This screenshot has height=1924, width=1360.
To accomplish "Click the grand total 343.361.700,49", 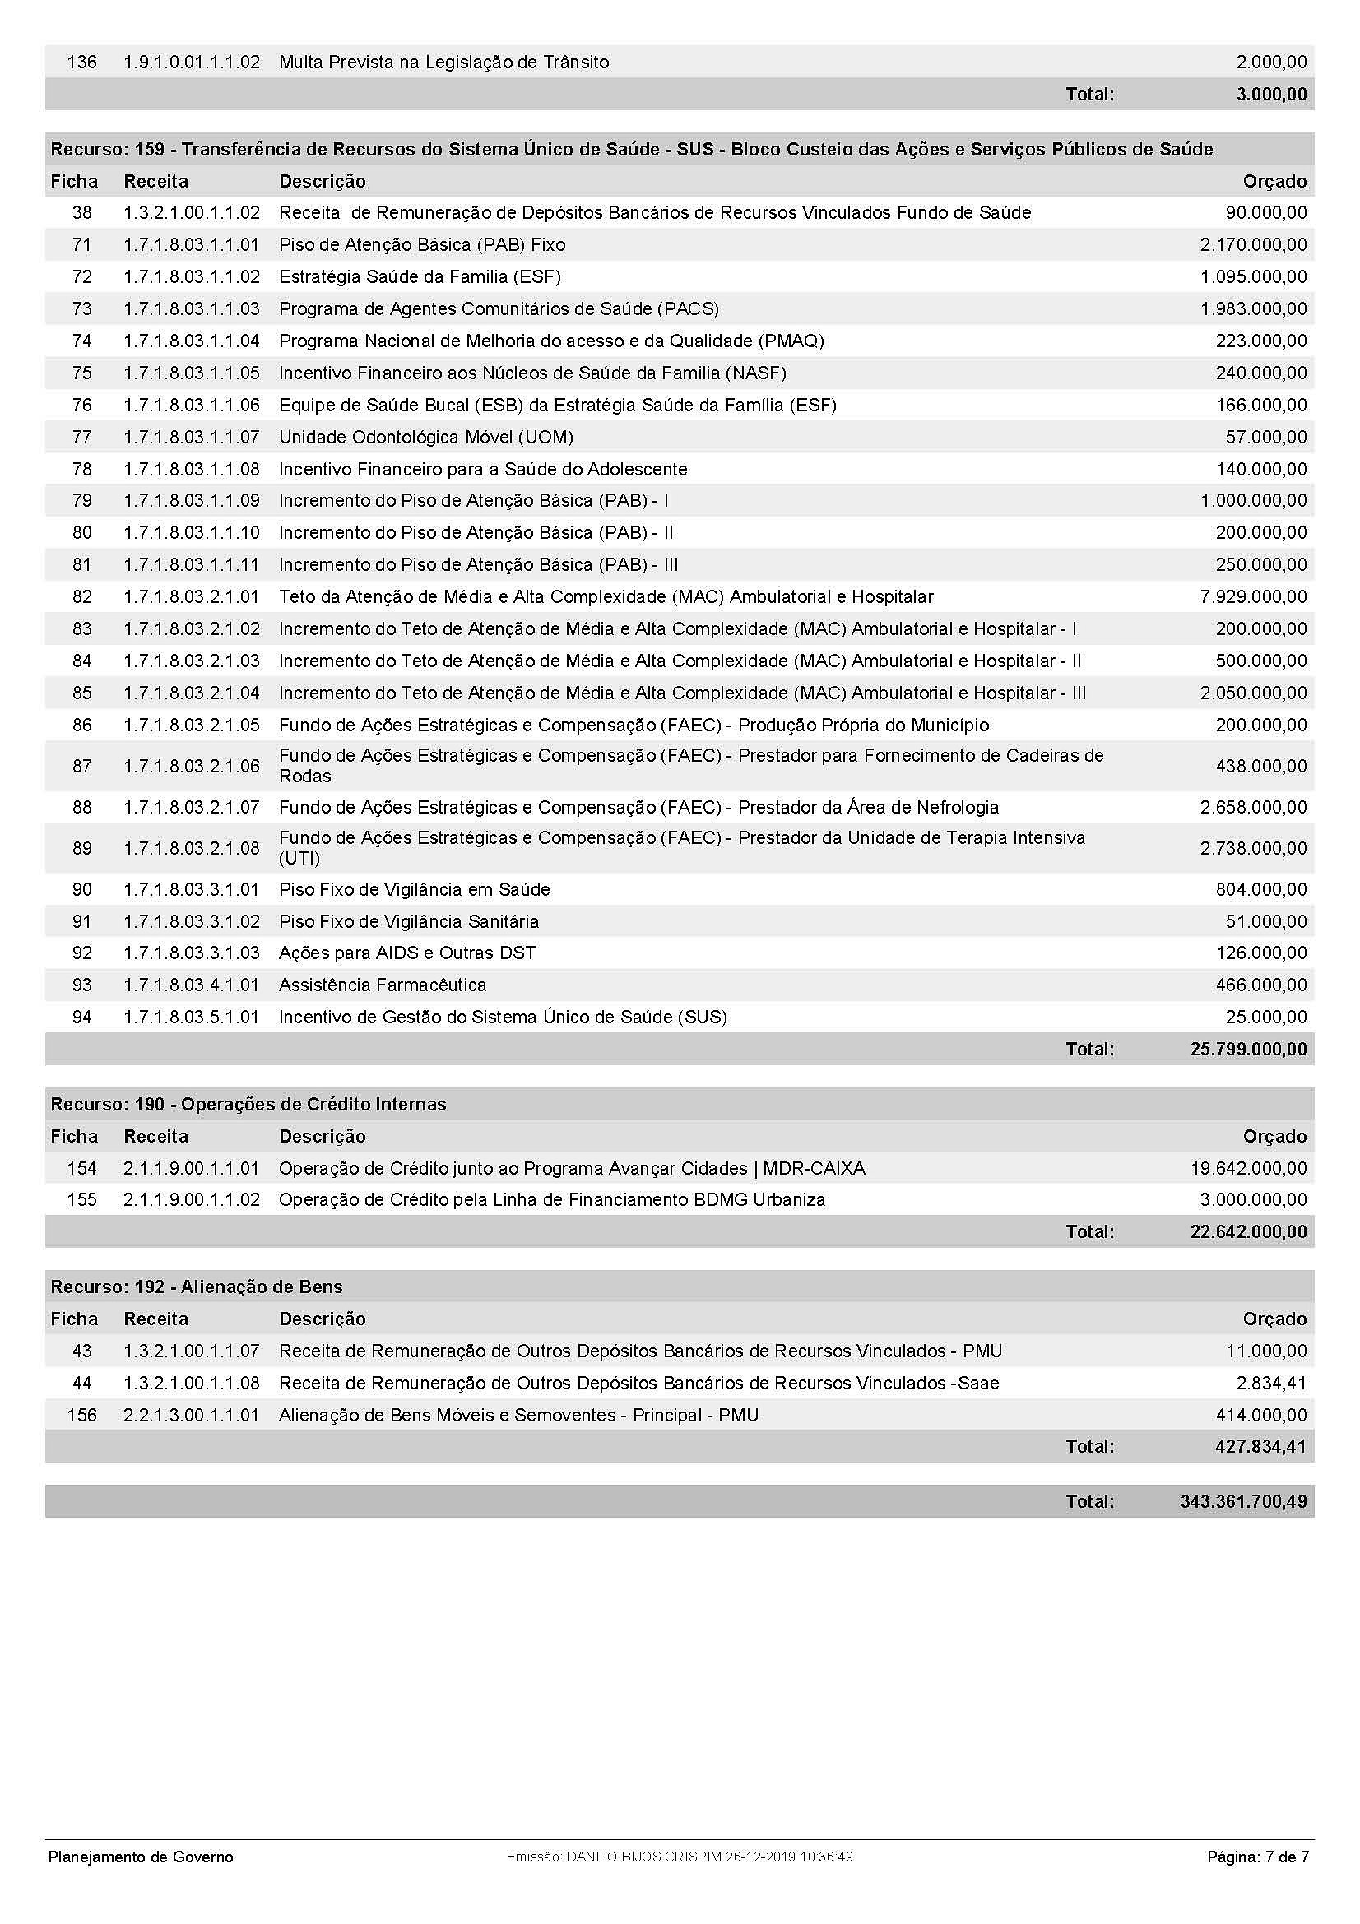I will coord(1242,1501).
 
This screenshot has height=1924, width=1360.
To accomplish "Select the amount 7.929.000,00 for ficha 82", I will coord(1253,596).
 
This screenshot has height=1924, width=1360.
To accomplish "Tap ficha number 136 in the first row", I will coord(81,62).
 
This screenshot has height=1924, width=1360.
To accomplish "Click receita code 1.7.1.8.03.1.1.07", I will coord(191,437).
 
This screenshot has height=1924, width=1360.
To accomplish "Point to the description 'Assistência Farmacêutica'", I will coord(382,985).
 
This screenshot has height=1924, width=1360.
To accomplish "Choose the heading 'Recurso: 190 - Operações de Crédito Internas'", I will coord(248,1105).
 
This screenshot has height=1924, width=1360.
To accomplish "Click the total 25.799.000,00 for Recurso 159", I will coord(1248,1049).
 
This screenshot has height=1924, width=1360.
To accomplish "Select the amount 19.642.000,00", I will coord(1248,1168).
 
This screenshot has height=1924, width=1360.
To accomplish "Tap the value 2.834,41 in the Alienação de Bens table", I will coord(1275,1383).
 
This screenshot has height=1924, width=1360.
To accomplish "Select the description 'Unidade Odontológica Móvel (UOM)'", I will coord(425,437).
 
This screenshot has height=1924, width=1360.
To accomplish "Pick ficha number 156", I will coord(81,1415).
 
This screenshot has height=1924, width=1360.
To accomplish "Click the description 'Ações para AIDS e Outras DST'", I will coord(407,953).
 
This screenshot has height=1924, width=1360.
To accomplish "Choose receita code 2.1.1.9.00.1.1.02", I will coord(191,1199).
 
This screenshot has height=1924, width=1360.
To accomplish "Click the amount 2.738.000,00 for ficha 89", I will coord(1253,848).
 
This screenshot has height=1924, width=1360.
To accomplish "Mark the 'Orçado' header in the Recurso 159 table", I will coord(1274,181).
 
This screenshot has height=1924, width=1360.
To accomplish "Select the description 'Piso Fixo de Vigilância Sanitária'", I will coord(409,921).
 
